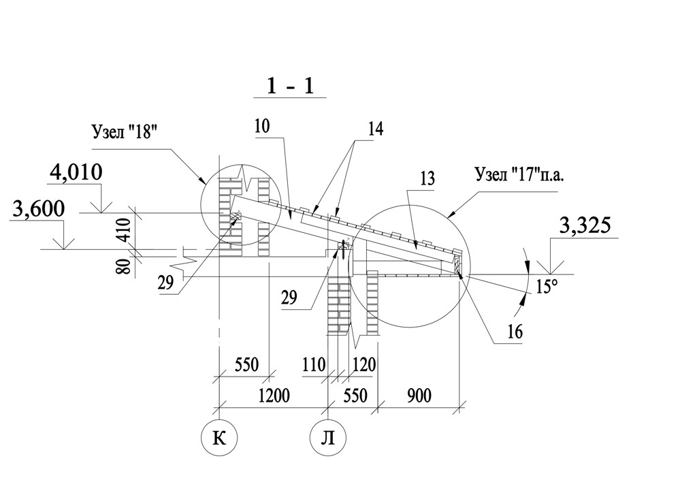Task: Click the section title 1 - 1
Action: (x=290, y=85)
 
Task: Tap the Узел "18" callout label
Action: (x=125, y=131)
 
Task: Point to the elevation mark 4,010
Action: (x=76, y=172)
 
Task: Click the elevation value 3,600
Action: (x=39, y=208)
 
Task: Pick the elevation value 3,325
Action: (x=585, y=226)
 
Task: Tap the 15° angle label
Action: (x=547, y=286)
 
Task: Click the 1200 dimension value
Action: (x=274, y=395)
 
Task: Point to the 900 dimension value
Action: (x=419, y=395)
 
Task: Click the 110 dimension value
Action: (x=314, y=365)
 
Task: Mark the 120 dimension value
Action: (x=364, y=365)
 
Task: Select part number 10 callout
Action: (x=262, y=126)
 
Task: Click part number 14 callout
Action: (x=375, y=129)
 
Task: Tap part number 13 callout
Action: (x=427, y=178)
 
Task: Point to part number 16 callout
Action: (x=515, y=332)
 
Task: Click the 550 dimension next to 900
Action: (x=355, y=395)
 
